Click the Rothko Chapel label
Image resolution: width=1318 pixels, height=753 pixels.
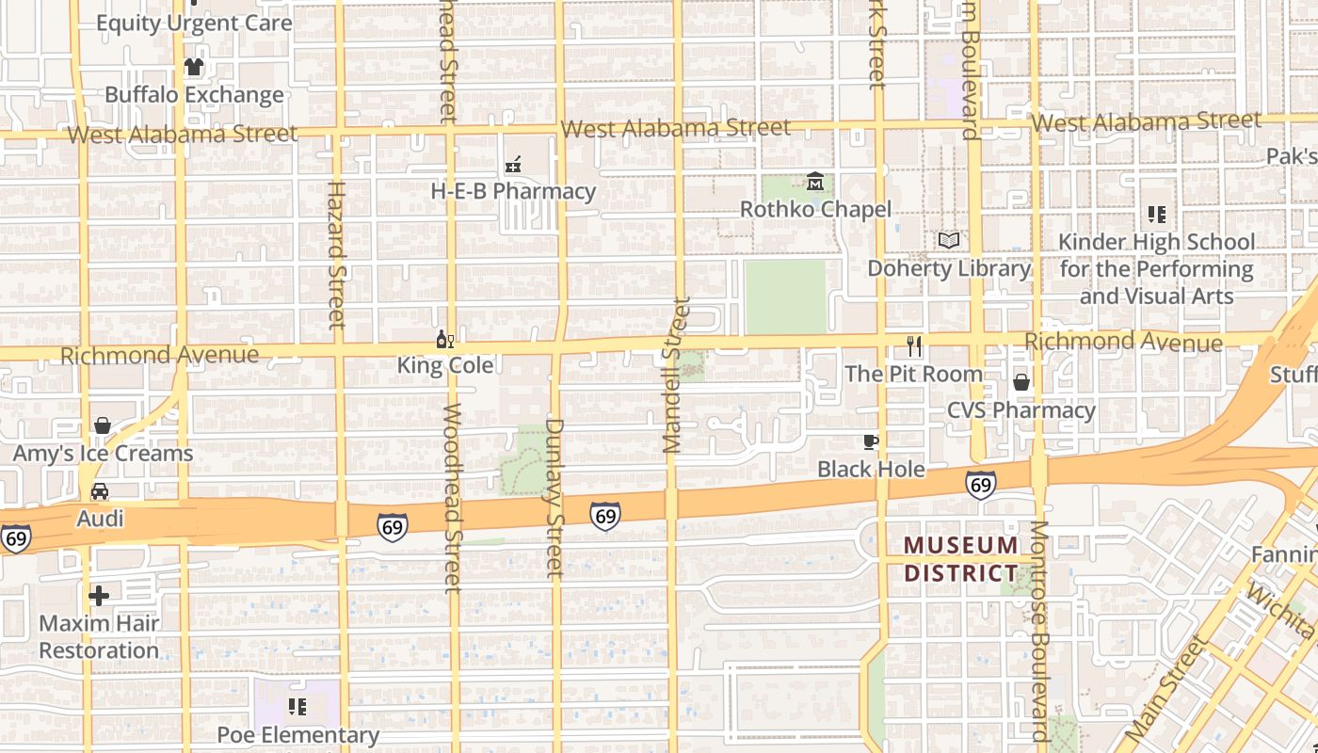[815, 209]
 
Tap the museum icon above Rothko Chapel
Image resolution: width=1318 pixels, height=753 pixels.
[815, 181]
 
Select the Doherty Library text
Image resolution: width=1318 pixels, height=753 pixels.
[949, 268]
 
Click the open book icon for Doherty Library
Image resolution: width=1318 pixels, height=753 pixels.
[949, 241]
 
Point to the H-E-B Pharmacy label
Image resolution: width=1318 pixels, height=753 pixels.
[513, 191]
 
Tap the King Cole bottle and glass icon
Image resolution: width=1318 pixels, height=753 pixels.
[445, 340]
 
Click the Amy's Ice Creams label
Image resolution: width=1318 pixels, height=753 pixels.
[103, 454]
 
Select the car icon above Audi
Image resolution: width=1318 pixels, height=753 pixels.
[100, 491]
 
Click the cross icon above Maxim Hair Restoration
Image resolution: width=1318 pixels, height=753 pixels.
[99, 595]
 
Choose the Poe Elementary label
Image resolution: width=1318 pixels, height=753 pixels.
[297, 735]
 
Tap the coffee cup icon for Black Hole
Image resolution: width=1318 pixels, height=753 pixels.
[871, 441]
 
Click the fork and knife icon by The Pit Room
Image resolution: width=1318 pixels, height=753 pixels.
[913, 345]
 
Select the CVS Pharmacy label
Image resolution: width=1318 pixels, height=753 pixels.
[1021, 410]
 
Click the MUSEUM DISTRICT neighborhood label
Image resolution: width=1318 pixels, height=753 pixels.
[961, 559]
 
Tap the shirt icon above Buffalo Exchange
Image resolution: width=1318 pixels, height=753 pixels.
[194, 67]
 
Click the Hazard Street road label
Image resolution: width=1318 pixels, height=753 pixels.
[337, 254]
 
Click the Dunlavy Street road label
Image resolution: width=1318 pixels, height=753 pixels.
[555, 497]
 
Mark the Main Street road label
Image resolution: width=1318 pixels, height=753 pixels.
[1165, 688]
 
